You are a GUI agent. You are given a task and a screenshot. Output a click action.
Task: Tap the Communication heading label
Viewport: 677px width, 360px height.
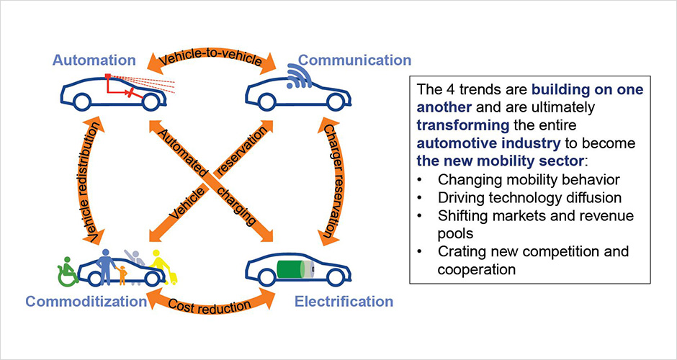point(355,60)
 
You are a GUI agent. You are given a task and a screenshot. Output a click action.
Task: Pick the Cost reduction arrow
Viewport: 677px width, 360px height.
point(210,303)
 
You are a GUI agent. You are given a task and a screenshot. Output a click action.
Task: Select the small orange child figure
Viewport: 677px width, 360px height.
point(121,274)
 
